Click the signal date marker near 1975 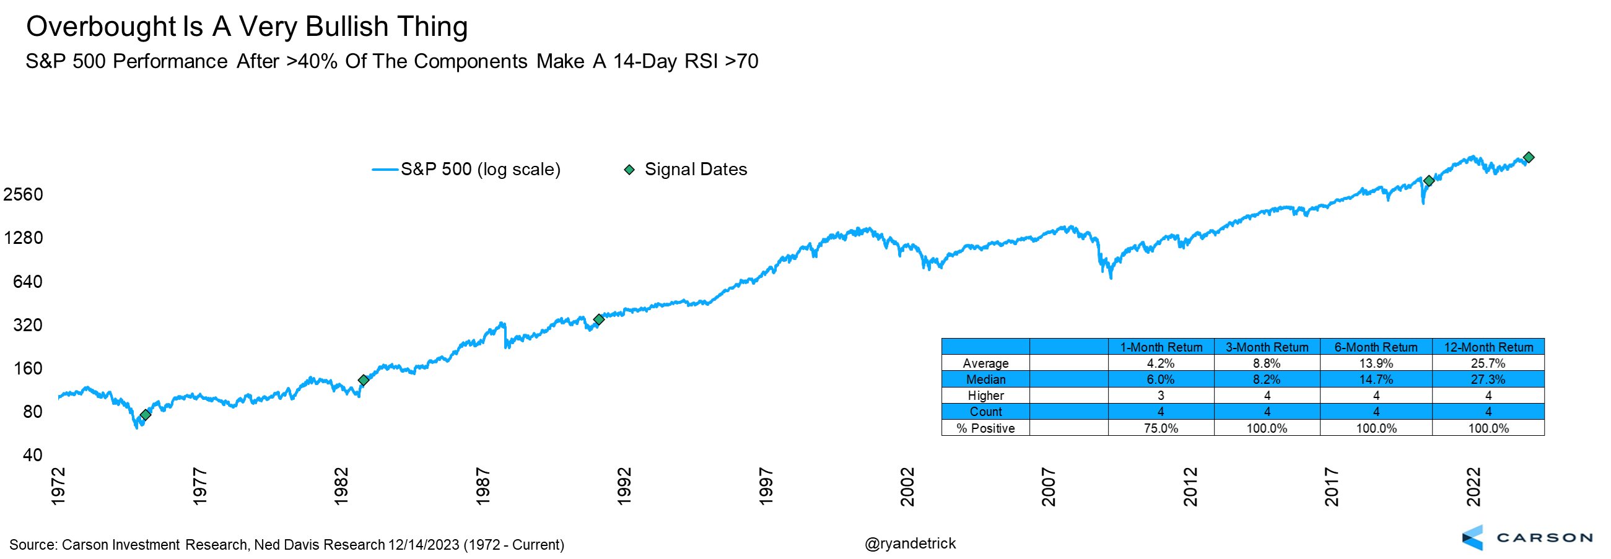146,415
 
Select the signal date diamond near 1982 364,380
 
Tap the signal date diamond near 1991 598,319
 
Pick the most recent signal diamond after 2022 1529,158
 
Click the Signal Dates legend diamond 630,170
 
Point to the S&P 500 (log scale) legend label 480,170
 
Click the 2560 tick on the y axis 23,194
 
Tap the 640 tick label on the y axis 28,282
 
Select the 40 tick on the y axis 33,454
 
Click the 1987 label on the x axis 482,486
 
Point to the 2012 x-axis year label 1190,486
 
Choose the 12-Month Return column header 1488,347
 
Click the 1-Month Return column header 1161,347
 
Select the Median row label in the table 985,379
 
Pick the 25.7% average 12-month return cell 1488,363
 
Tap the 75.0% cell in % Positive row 1161,428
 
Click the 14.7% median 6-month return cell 1376,379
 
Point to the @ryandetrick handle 910,544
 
